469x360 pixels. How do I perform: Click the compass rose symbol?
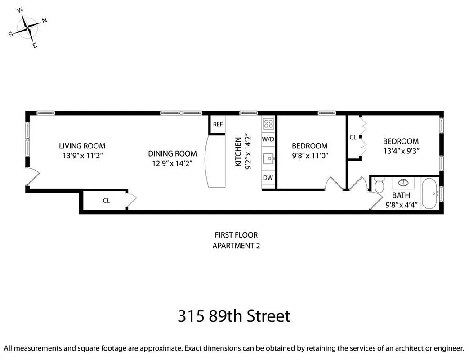pos(28,28)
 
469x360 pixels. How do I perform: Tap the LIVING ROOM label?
pos(82,146)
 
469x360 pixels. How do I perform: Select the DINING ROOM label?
pos(173,153)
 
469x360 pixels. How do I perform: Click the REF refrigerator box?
pos(218,125)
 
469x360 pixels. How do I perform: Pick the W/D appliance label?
pos(268,139)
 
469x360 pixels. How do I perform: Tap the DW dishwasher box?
pos(268,178)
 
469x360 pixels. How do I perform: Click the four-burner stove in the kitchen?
pos(268,123)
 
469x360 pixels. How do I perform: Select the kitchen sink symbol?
pos(268,158)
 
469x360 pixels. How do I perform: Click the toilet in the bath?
pos(379,185)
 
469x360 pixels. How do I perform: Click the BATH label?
pos(401,196)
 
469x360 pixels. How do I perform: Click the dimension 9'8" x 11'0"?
pos(309,156)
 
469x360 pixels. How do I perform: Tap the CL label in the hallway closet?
pos(106,201)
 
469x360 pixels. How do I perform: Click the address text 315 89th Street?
pos(234,316)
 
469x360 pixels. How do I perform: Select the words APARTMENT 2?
pos(236,246)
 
